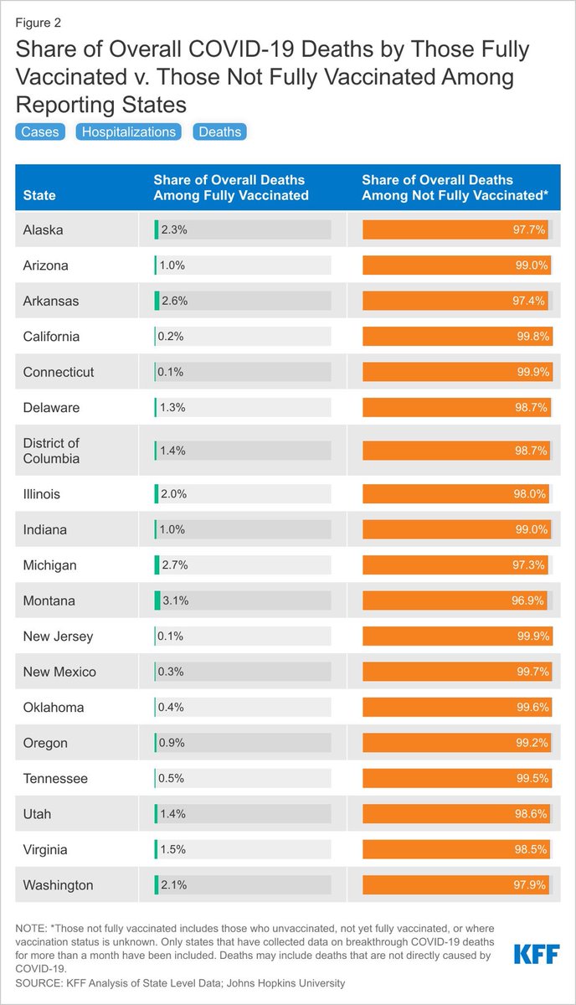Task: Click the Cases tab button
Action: coord(39,131)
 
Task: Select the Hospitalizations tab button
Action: coord(128,131)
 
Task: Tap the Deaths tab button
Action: coord(220,131)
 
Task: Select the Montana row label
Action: coord(49,600)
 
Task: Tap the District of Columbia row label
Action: coord(52,451)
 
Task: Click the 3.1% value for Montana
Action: coord(173,600)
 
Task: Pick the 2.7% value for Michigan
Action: coord(173,565)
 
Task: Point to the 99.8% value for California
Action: coord(532,337)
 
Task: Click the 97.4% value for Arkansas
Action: coord(531,301)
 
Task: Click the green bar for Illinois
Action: coord(157,494)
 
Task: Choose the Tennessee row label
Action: coord(55,779)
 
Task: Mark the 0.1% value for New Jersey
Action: coord(171,636)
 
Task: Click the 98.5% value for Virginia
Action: coord(532,850)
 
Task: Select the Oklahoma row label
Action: coord(54,708)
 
